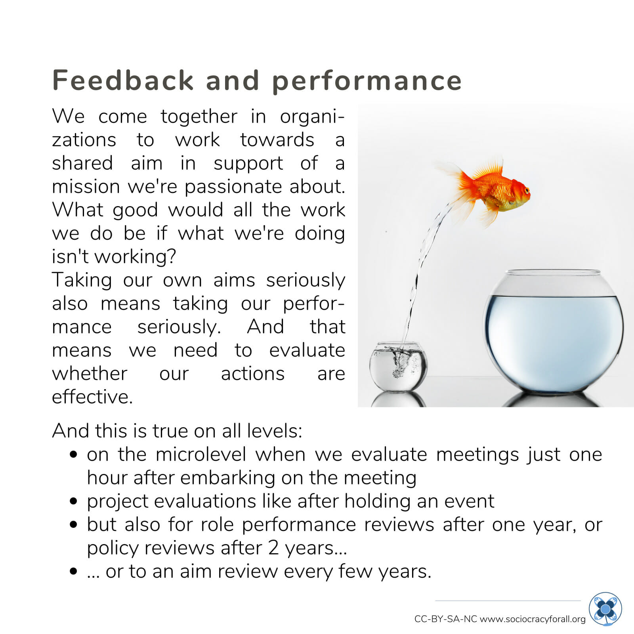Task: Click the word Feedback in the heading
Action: (123, 80)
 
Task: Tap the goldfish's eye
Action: (527, 191)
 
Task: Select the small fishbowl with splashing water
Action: (398, 367)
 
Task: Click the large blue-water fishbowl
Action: (554, 332)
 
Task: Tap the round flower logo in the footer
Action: (605, 609)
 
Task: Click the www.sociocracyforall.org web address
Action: (533, 619)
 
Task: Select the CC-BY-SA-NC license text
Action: (445, 619)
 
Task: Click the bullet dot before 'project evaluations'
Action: (73, 501)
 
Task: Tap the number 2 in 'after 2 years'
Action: (273, 548)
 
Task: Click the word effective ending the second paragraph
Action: (92, 397)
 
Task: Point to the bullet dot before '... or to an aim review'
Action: (73, 571)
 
